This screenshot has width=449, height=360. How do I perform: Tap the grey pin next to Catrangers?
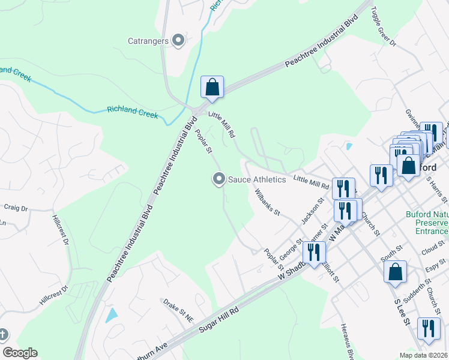(x=178, y=41)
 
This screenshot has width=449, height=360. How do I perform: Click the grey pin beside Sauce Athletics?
(x=219, y=179)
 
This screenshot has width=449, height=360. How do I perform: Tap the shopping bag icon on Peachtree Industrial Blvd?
(x=212, y=88)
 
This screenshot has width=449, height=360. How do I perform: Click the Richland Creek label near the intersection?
(x=132, y=112)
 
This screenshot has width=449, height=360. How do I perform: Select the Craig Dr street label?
(x=16, y=208)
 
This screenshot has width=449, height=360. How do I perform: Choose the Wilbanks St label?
(x=267, y=202)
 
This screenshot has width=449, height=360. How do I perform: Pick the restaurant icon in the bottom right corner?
(x=428, y=329)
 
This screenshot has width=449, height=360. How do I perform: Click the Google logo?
(x=20, y=353)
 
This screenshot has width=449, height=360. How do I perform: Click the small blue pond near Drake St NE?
(x=112, y=314)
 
